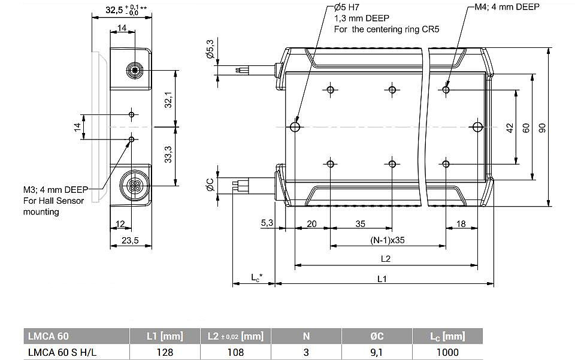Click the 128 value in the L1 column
pos(165,352)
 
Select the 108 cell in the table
pos(235,352)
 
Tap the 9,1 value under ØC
pos(377,352)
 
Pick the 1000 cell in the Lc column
pos(447,352)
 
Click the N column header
pos(306,336)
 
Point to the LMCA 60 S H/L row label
pos(62,352)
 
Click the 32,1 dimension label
pos(168,99)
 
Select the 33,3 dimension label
pos(168,155)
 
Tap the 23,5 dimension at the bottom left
pos(130,240)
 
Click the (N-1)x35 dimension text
pos(388,240)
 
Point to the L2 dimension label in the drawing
pos(385,259)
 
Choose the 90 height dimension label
pos(542,128)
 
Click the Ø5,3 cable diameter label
pos(210,49)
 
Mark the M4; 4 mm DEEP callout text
pos(507,7)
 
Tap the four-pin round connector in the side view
pos(132,181)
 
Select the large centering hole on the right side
pos(477,127)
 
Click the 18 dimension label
pos(461,223)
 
